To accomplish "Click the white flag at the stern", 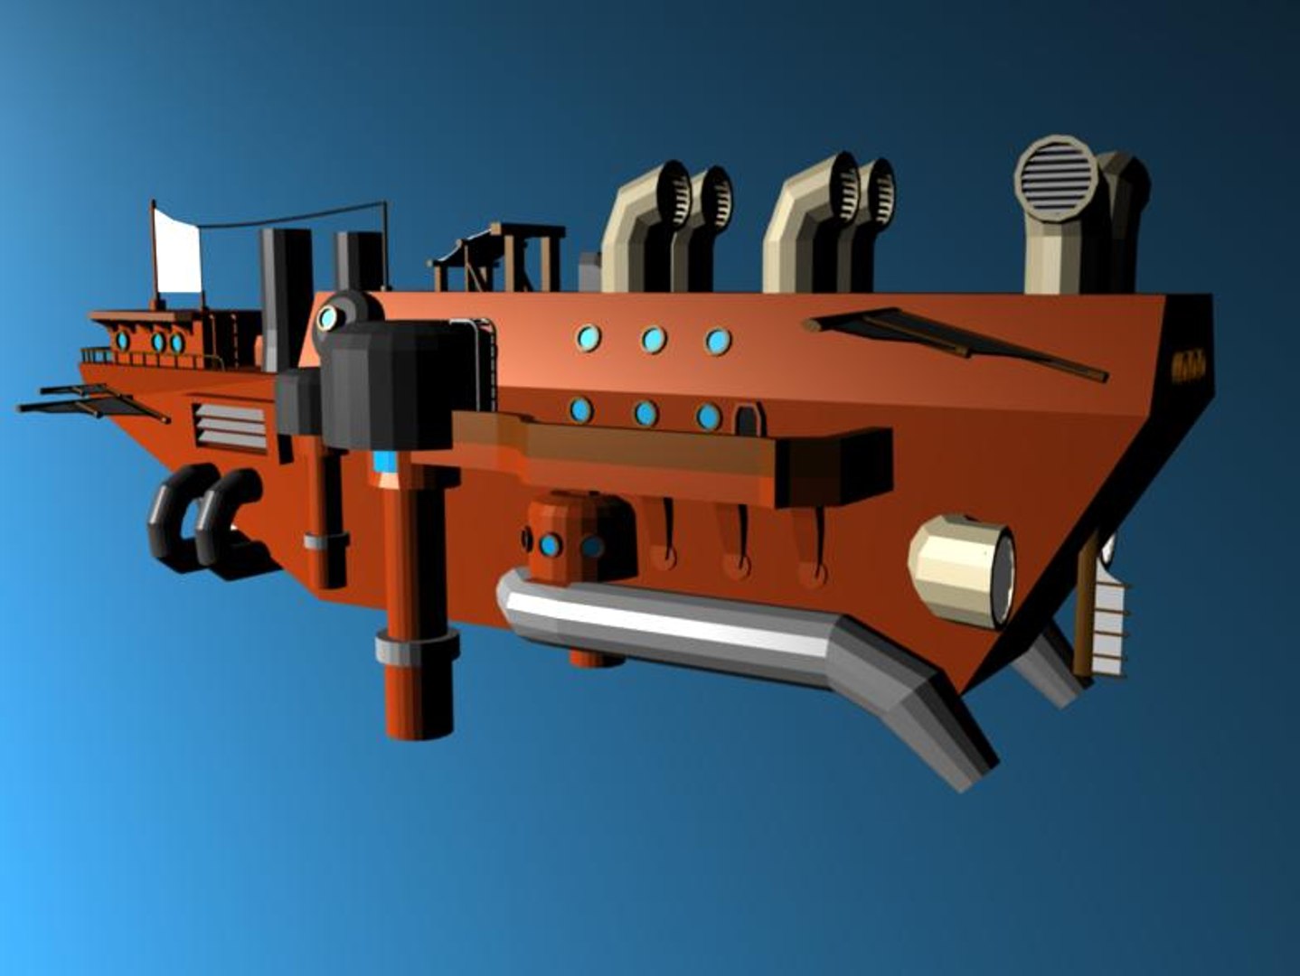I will pos(177,252).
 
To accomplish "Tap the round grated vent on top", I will pos(1055,177).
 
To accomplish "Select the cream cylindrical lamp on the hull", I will pos(961,570).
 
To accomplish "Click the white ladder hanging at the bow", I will pos(1109,629).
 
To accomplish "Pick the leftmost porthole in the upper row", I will pos(589,338).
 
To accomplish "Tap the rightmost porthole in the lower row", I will pos(708,417).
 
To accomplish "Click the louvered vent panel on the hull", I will pos(231,427).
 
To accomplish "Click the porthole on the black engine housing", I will pos(328,317).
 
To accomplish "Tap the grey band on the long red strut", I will pos(418,648).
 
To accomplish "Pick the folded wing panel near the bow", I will pos(956,341).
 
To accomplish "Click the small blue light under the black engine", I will pos(386,462).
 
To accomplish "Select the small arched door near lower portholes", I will pos(748,420).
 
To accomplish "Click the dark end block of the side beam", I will pos(846,466).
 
